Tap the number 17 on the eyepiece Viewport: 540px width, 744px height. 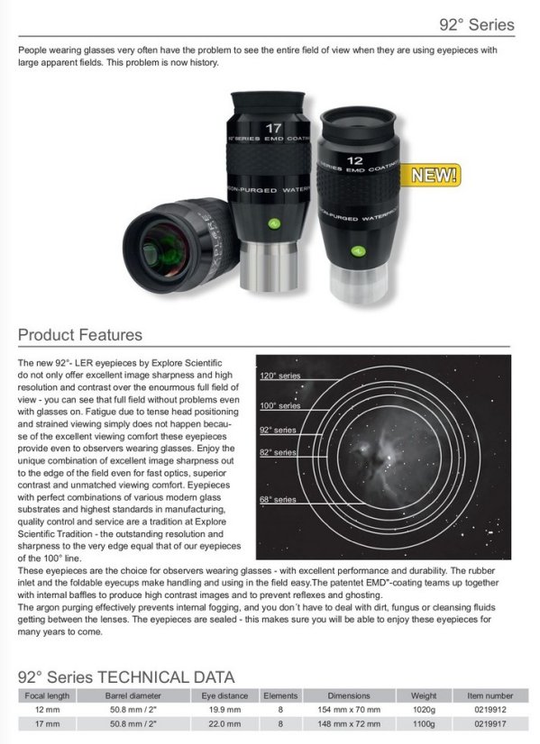point(275,130)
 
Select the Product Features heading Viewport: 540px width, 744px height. point(80,335)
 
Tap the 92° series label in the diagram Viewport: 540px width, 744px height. point(278,431)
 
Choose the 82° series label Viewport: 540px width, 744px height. point(278,451)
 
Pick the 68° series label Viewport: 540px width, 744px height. point(278,499)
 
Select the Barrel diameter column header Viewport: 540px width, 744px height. point(133,695)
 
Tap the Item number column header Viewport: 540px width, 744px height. point(490,695)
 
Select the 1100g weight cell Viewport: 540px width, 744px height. point(423,722)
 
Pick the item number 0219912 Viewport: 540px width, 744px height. point(490,709)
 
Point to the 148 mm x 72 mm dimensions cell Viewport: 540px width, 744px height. point(348,722)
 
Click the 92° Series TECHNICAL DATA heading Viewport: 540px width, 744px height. point(126,676)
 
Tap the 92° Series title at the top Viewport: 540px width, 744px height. point(477,24)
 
